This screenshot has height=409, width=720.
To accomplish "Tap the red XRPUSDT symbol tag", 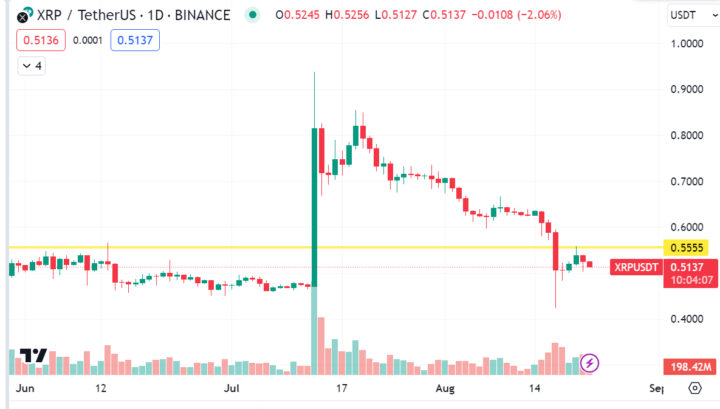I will pos(636,267).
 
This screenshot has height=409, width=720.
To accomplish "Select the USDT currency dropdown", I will pos(693,15).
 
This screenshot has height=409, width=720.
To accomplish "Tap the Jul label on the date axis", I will pos(230,388).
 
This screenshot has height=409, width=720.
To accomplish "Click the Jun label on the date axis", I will pos(25,388).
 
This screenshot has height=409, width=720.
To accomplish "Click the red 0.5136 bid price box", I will pos(41,41).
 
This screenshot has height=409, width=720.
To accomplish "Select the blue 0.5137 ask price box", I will pos(135,41).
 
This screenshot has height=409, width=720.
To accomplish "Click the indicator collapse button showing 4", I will pos(32,66).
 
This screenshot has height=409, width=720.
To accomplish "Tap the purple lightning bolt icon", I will pos(590,363).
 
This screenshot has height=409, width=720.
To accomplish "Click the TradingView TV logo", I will pos(33,356).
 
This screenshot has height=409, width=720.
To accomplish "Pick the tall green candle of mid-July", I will pos(314,207).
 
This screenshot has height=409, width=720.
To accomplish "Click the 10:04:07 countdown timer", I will pos(691,280).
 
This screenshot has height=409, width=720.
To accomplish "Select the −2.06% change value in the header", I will pos(539,15).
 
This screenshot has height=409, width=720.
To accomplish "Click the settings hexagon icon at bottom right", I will pos(696,388).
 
